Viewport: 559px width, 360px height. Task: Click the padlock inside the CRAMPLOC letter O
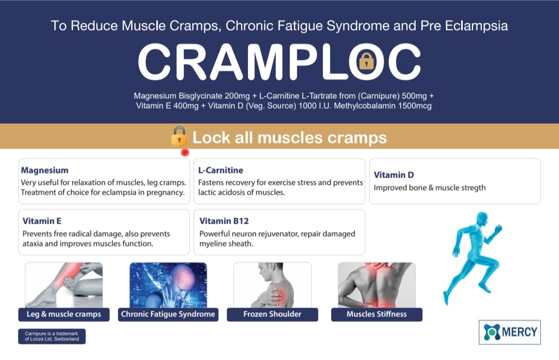tap(366, 61)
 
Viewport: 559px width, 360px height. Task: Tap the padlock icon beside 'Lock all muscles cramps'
tap(179, 136)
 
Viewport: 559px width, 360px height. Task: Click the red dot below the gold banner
tap(185, 153)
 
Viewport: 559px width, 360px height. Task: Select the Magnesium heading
tap(45, 170)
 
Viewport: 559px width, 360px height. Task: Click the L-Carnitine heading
tap(220, 170)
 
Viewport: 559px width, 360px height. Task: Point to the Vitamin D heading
tap(393, 175)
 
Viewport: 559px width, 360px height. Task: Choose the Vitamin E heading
tap(42, 221)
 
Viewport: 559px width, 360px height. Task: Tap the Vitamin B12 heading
tap(224, 221)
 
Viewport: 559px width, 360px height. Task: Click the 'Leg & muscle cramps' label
tap(64, 314)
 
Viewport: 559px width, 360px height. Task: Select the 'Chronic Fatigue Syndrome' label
tap(168, 314)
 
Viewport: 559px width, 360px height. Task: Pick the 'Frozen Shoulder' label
tap(272, 314)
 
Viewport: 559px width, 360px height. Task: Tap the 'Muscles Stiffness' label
tap(376, 314)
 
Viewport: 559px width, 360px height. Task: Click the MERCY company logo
tap(510, 332)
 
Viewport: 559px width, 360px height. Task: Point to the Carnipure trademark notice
tap(52, 336)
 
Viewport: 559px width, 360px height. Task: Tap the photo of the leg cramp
tap(64, 285)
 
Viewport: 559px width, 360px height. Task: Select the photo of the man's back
tap(376, 285)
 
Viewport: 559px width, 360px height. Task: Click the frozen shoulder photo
tap(272, 285)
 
